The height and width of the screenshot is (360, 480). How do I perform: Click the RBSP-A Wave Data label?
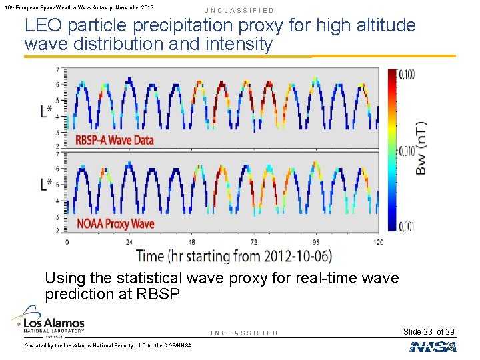[x=114, y=140]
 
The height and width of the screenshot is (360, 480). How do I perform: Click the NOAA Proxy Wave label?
[x=114, y=223]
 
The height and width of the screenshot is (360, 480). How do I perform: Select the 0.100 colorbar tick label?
[x=406, y=75]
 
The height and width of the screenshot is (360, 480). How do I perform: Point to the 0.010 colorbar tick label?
[x=406, y=152]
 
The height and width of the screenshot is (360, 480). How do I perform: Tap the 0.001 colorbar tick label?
[x=406, y=227]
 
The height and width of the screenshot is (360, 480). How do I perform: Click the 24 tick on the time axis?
[x=129, y=242]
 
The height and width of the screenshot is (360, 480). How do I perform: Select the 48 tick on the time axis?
[x=192, y=242]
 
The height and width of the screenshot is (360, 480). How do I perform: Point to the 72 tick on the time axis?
[x=254, y=242]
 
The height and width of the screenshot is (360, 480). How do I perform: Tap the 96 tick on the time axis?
[x=316, y=242]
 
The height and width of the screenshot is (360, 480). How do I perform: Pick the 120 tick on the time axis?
[x=378, y=242]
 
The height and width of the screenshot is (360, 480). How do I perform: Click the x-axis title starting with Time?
[x=233, y=255]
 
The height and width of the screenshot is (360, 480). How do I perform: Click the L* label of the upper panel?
[x=47, y=111]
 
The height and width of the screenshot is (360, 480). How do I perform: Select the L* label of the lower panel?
[x=47, y=185]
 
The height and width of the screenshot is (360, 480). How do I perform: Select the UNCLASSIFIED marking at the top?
[x=239, y=11]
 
